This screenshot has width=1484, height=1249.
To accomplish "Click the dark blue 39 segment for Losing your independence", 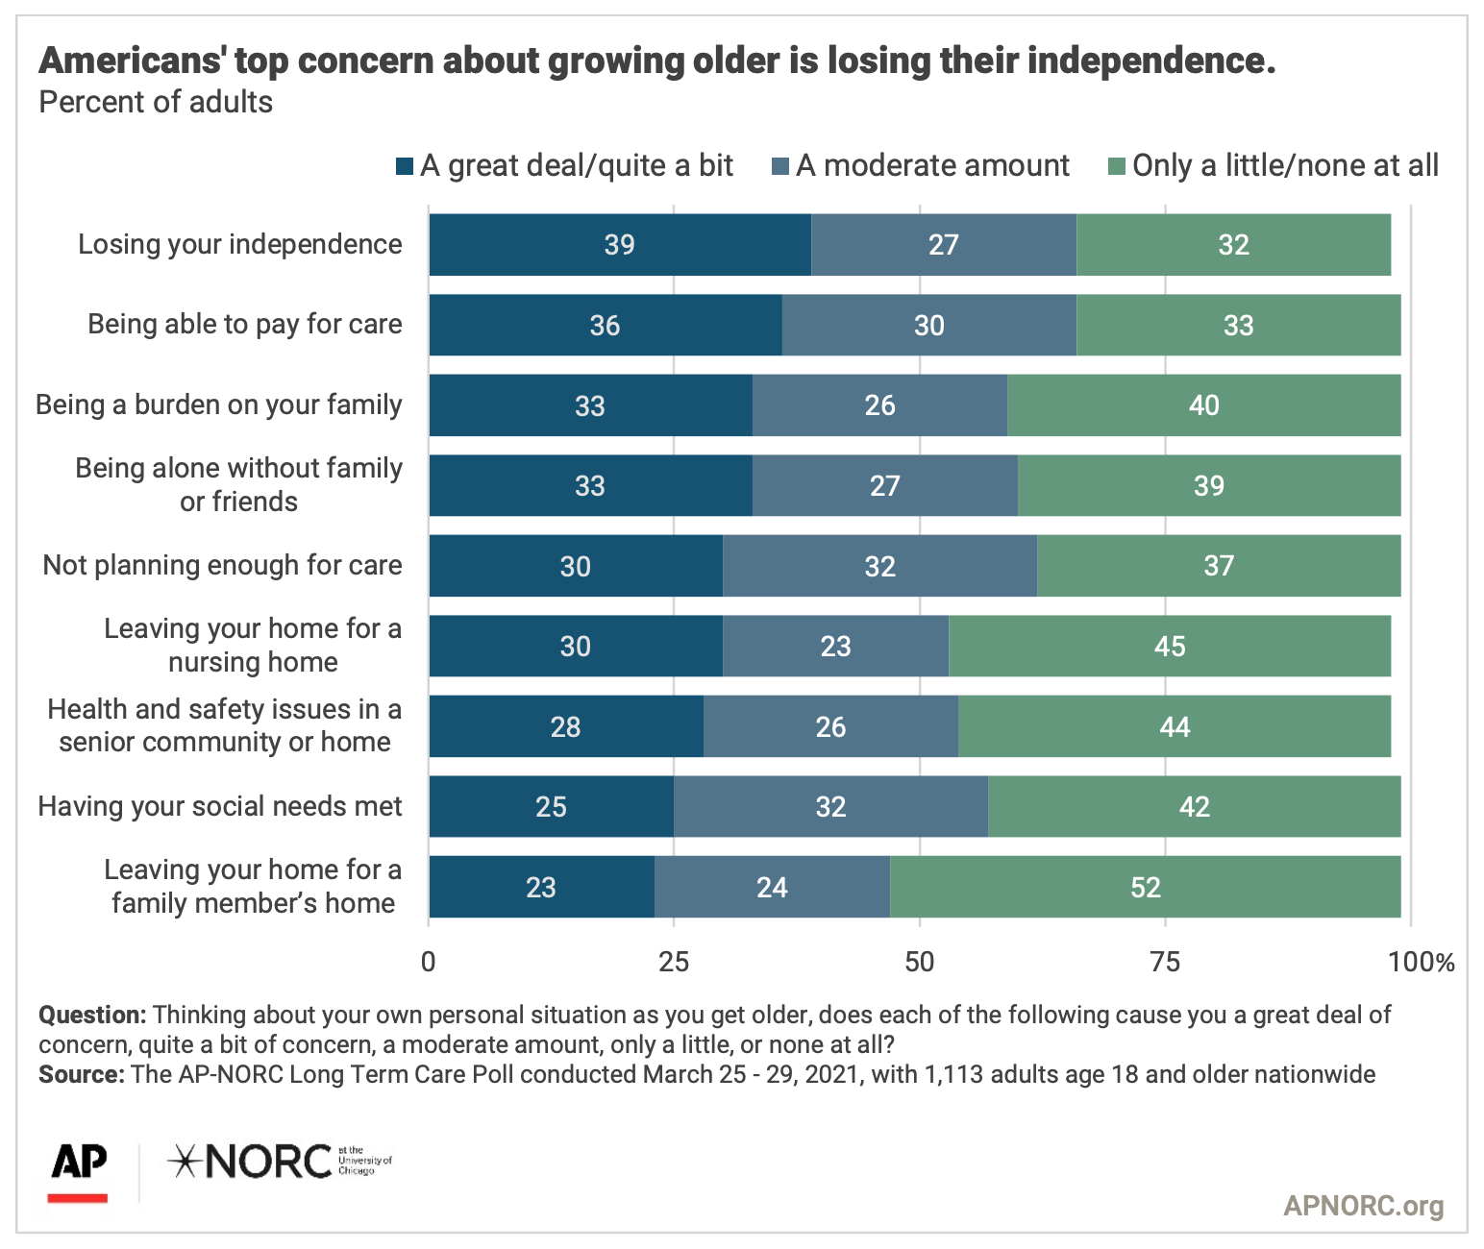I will click(620, 245).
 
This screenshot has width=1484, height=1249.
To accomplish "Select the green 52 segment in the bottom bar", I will click(1145, 887).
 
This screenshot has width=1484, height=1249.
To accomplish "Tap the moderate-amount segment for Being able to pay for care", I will click(928, 326).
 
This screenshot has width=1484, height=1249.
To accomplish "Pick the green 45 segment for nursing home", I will click(1169, 646).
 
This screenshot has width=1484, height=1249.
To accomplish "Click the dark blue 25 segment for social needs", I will click(551, 807).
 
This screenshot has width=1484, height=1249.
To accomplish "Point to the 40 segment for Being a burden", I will click(1203, 405).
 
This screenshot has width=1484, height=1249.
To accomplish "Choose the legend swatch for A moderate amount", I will click(780, 166).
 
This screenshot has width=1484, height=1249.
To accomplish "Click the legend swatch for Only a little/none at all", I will click(1117, 166).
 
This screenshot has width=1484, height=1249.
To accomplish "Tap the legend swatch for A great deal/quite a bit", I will click(405, 166).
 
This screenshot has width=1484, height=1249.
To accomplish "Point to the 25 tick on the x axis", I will click(674, 962).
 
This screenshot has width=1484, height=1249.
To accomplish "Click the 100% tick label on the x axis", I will click(1422, 962).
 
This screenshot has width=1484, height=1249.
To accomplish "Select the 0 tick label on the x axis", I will click(429, 962).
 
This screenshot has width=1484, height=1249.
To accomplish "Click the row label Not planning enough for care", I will click(222, 565).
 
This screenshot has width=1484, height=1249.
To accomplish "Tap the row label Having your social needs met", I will click(220, 806).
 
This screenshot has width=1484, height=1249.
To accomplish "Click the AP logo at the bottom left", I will click(79, 1170).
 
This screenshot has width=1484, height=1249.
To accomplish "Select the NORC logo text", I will click(252, 1163).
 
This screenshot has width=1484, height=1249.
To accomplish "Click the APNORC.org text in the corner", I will click(1363, 1206).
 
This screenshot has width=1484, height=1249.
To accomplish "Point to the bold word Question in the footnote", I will click(92, 1016).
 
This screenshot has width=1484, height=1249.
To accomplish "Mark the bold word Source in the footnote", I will click(81, 1074).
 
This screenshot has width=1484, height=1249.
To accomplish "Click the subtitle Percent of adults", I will click(156, 103).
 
